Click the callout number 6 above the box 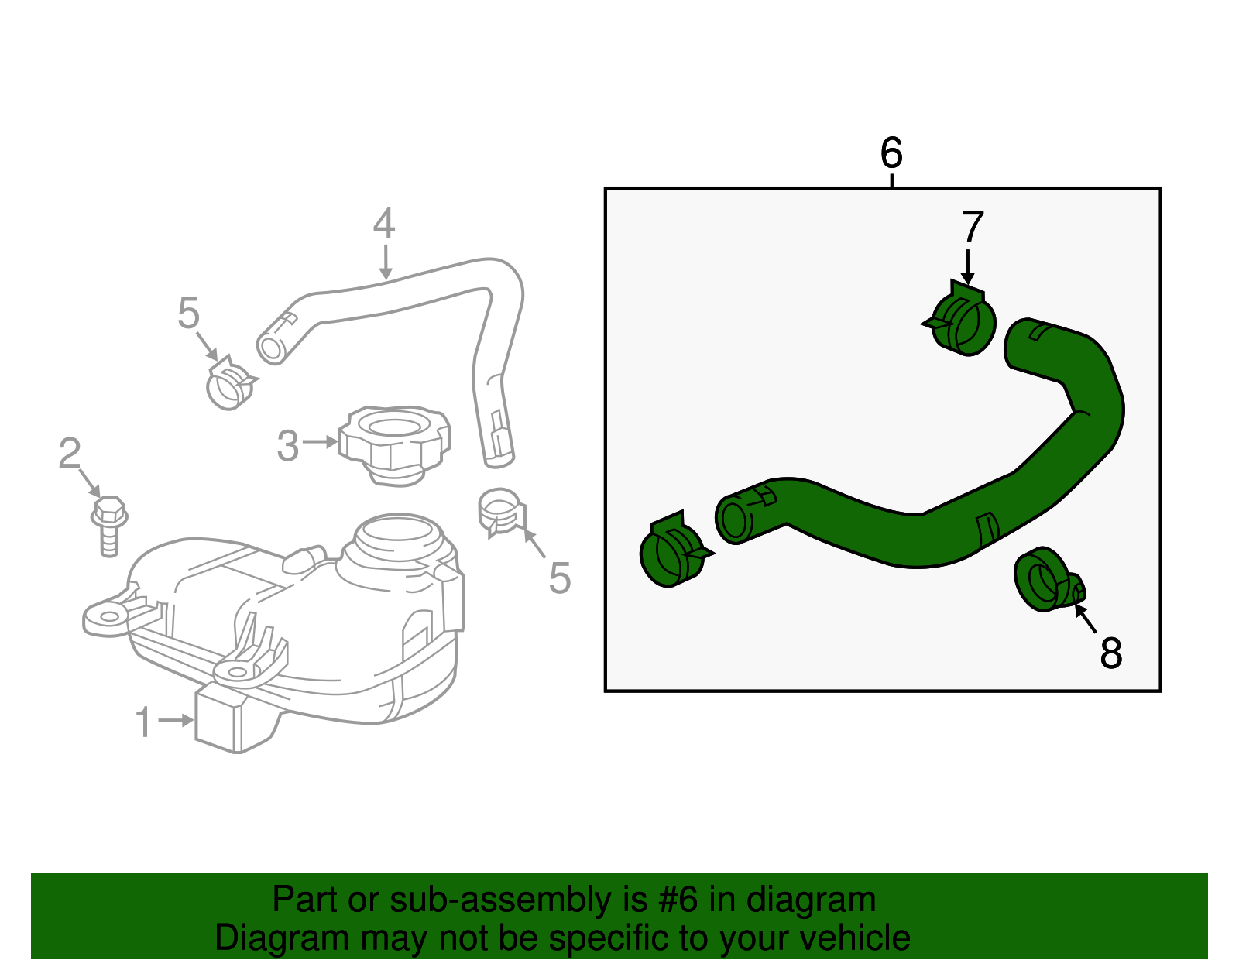coord(891,153)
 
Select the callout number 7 coord(973,228)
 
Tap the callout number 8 coord(1110,653)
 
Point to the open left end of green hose coord(733,517)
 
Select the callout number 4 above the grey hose coord(384,224)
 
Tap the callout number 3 coord(287,447)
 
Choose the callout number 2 coord(70,454)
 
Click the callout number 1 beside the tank coord(144,722)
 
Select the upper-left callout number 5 coord(188,314)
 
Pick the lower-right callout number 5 coord(559,578)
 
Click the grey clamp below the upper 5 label coord(230,384)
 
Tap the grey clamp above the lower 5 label coord(500,511)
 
